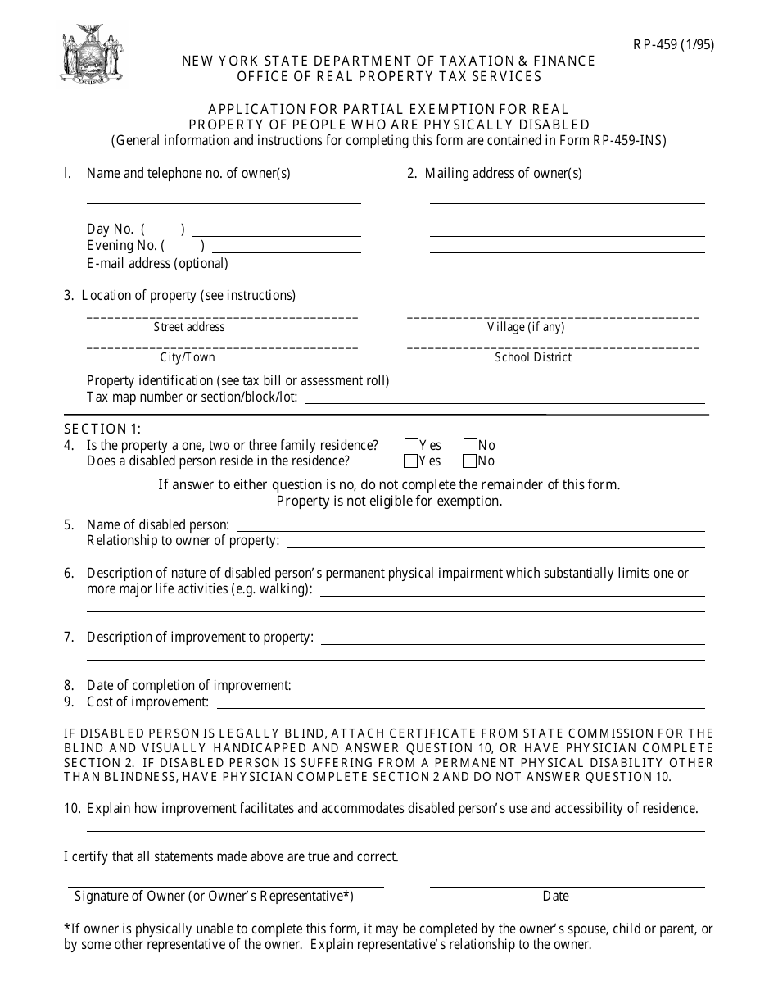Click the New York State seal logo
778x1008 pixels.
(x=91, y=53)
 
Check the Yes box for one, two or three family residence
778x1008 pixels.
(x=411, y=446)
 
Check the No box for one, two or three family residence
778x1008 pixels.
(x=470, y=446)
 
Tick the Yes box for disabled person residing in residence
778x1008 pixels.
(x=411, y=461)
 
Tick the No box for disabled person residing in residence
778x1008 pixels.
(x=470, y=461)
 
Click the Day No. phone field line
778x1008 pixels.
(x=276, y=230)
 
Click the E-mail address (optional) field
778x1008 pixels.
(x=468, y=264)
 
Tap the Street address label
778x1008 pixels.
(x=189, y=327)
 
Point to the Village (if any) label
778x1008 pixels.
(x=526, y=327)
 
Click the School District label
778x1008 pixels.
(x=533, y=357)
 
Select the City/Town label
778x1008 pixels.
(x=188, y=357)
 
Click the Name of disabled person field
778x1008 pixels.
(x=470, y=525)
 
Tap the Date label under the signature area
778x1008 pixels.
(x=555, y=897)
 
